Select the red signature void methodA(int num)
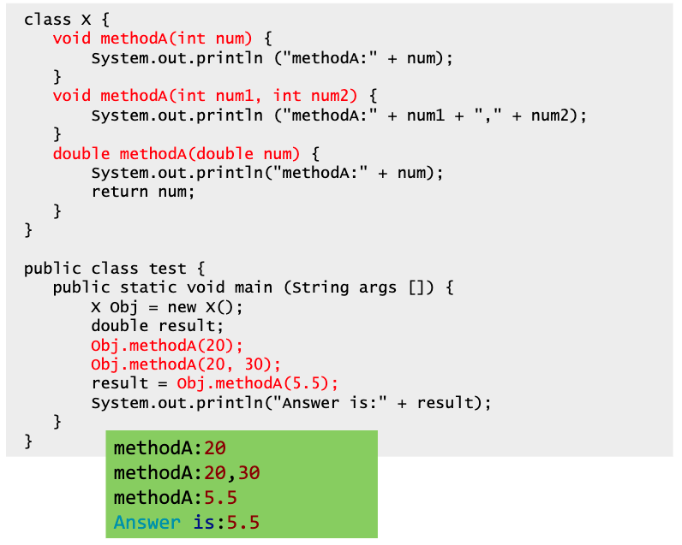click(x=153, y=39)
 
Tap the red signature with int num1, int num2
click(x=205, y=96)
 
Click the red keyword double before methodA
click(x=81, y=154)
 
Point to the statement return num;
click(x=143, y=192)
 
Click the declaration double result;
click(x=157, y=326)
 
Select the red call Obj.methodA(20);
click(x=167, y=346)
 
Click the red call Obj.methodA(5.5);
click(x=258, y=383)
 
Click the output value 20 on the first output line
click(x=215, y=448)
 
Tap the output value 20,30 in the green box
click(x=232, y=473)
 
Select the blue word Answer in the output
click(x=147, y=522)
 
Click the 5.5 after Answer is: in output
click(x=243, y=522)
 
